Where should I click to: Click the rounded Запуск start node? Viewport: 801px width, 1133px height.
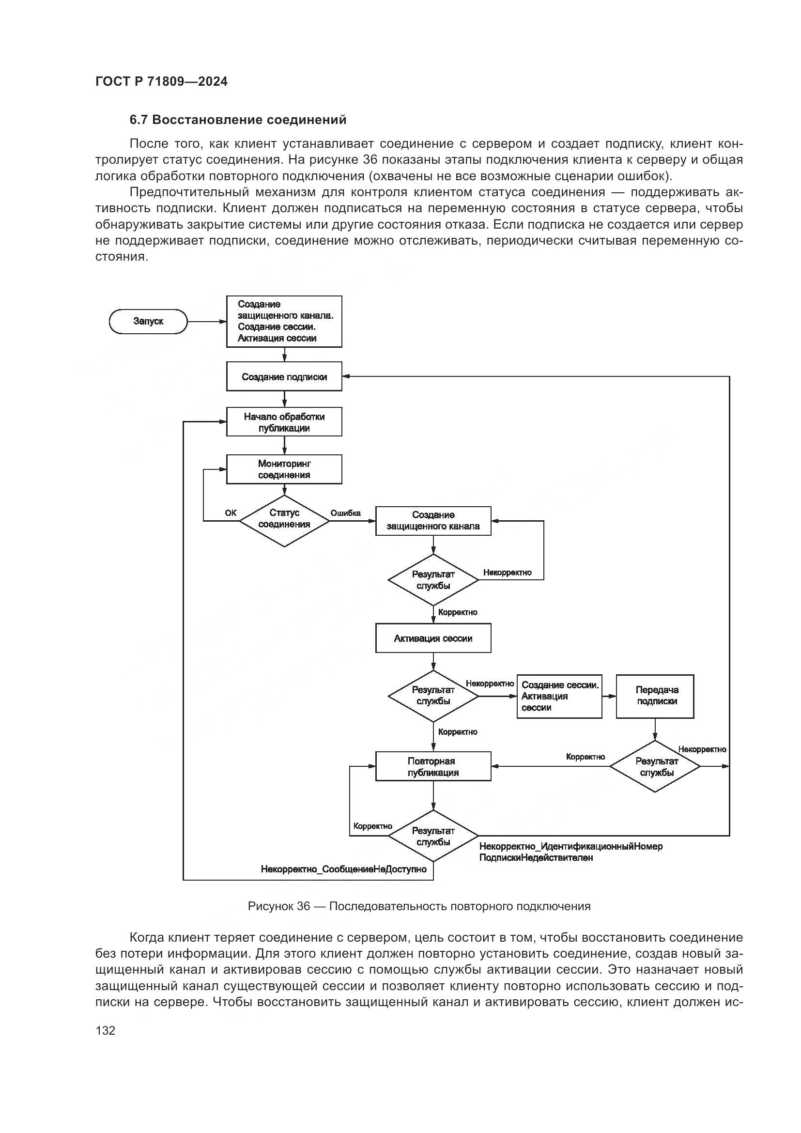tap(148, 321)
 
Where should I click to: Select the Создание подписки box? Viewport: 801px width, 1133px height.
tap(284, 376)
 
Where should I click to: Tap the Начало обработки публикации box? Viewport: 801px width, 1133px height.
tap(284, 422)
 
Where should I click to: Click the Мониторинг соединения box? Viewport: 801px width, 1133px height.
tap(284, 469)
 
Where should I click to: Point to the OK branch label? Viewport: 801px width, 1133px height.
tap(231, 512)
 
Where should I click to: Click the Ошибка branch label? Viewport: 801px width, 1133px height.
tap(345, 512)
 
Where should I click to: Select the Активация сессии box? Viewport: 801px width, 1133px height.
tap(433, 638)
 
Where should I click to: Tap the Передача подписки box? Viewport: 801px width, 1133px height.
tap(655, 696)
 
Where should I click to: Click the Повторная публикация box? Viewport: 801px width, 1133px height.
tap(433, 766)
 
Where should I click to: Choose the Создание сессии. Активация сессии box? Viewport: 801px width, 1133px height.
tap(559, 696)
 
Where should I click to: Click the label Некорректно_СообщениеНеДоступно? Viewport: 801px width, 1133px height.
tap(344, 869)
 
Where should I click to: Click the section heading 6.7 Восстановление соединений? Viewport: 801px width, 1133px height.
tap(238, 120)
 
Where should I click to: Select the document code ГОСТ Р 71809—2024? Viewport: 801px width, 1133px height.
tap(161, 81)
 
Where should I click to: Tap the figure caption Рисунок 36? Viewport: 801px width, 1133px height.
tap(419, 906)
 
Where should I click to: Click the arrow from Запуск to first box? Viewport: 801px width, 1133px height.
tap(207, 322)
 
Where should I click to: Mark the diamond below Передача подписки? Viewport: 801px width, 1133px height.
tap(655, 766)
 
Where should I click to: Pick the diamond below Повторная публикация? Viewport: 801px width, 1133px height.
tap(433, 836)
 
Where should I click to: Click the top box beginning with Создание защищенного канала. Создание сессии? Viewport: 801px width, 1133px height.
tap(284, 321)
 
